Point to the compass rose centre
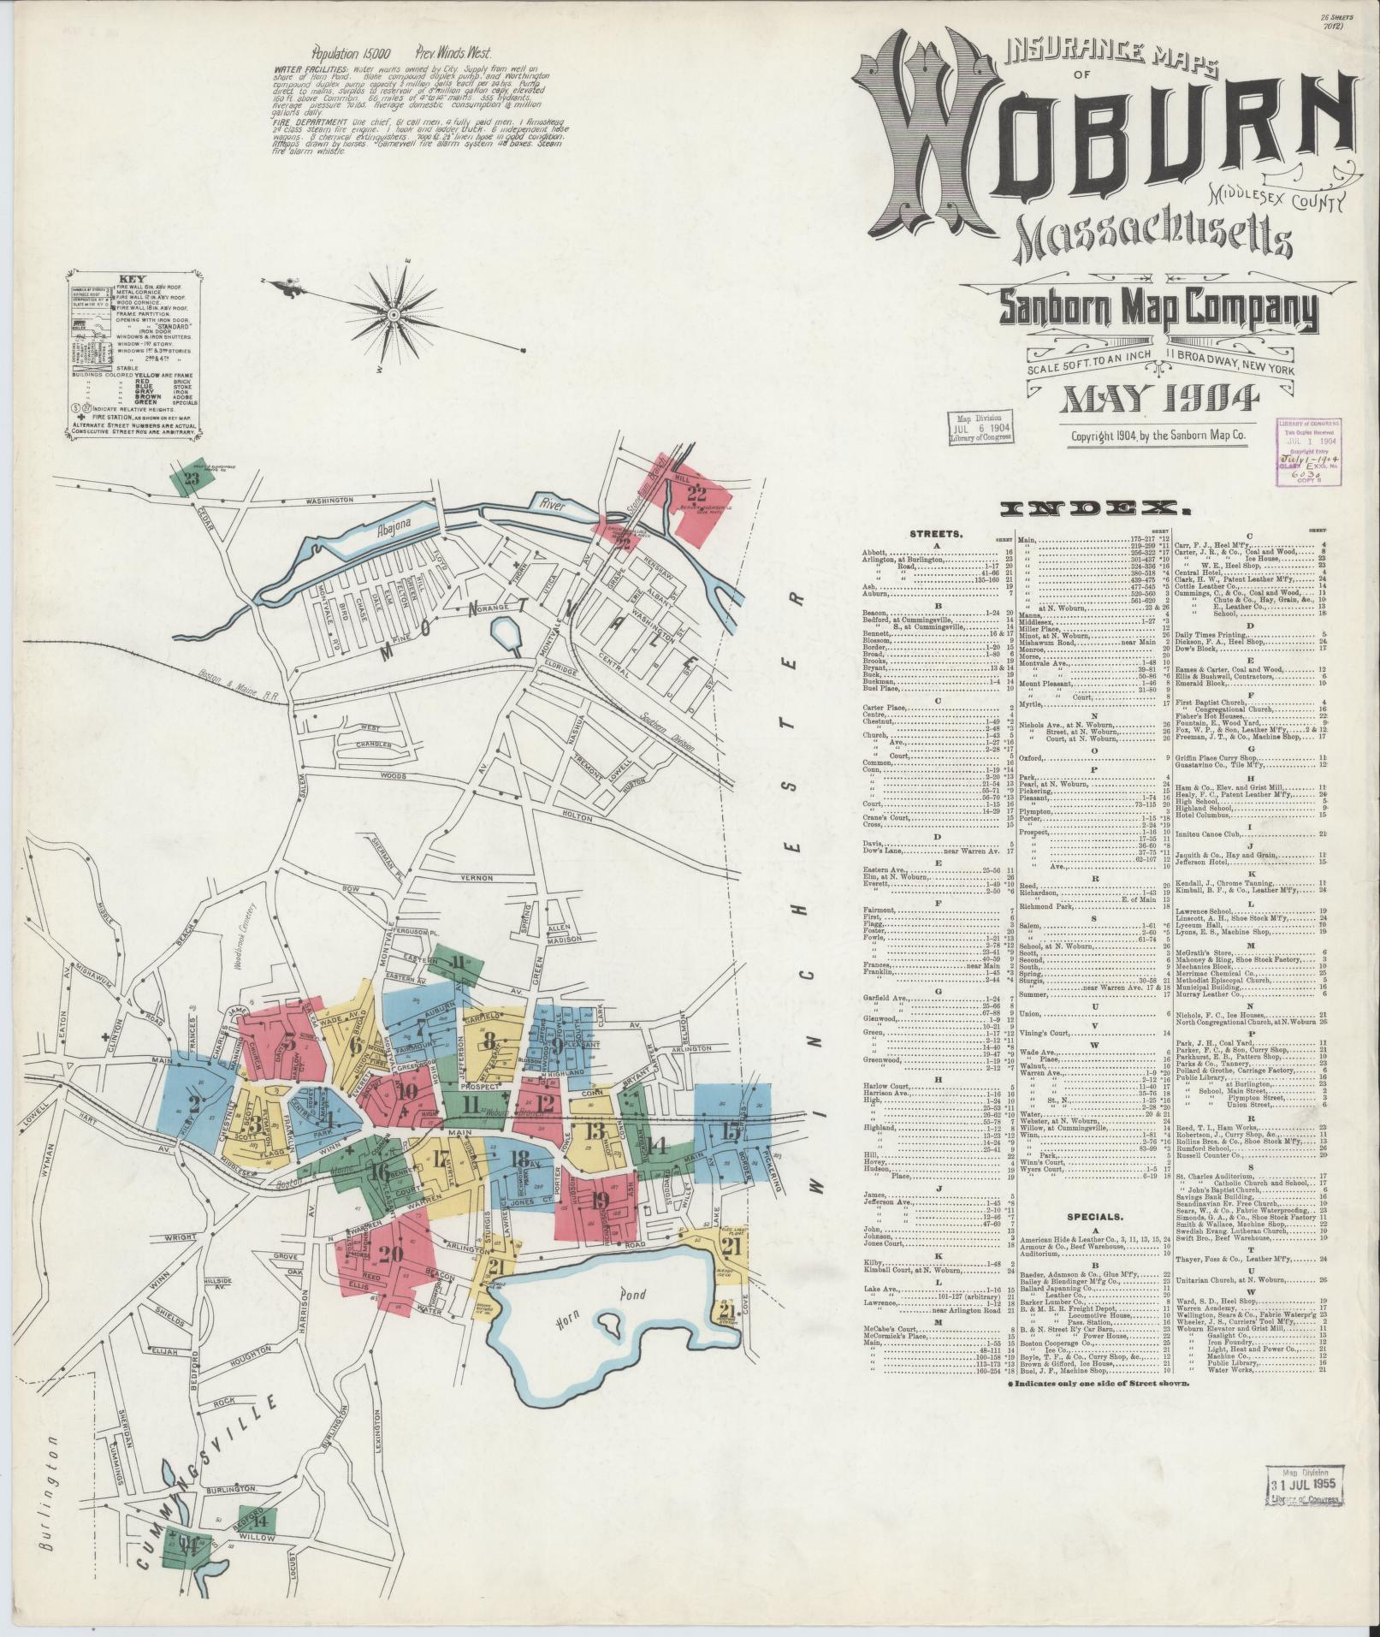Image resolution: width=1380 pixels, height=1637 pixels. (393, 315)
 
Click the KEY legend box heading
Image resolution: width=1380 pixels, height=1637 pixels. (133, 278)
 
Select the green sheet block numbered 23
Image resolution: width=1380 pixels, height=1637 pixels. (191, 479)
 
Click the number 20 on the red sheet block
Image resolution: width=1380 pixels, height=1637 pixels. (390, 1253)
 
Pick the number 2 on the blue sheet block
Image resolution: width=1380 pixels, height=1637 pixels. (193, 1105)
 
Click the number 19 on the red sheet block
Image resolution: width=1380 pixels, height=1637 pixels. (599, 1200)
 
